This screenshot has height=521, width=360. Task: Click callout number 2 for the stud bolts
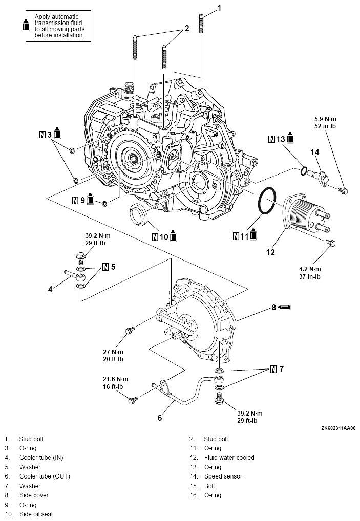pos(187,29)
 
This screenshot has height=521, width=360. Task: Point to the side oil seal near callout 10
pos(139,215)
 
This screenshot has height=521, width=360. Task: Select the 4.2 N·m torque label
pos(310,269)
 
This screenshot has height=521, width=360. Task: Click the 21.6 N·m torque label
pos(114,379)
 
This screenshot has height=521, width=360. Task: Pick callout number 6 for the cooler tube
pos(159,417)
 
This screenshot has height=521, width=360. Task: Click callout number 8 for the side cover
pos(274,307)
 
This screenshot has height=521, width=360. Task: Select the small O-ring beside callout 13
pos(304,171)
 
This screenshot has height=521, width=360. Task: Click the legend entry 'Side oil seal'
pos(36,514)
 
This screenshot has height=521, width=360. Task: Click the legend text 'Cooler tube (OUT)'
pos(45,476)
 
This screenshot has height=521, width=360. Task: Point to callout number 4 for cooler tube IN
pos(50,289)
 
